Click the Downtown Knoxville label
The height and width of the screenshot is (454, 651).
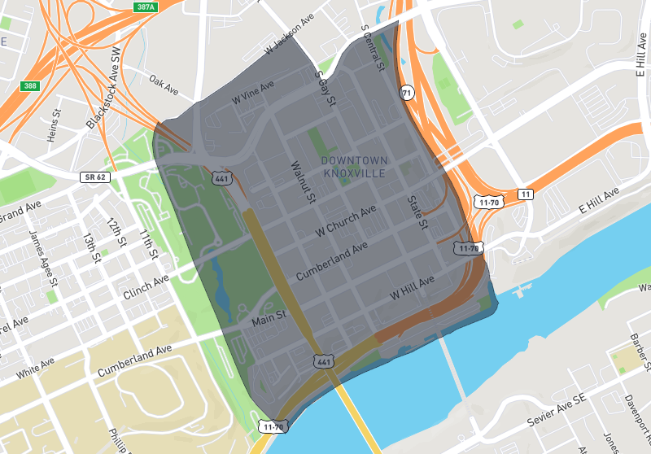coord(355,166)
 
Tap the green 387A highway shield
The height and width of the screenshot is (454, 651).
coord(145,7)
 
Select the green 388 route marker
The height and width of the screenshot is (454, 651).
coord(30,85)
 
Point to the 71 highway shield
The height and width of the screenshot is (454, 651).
coord(406,94)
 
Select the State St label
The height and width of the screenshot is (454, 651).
coord(417,212)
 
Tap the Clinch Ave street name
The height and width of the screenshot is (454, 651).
coord(144,286)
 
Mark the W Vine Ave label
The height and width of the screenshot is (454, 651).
coord(253,91)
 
